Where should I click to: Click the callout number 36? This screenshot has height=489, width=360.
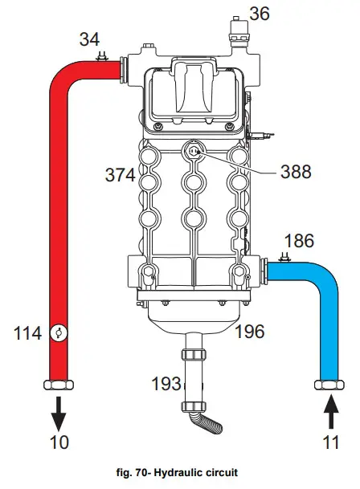pos(260,13)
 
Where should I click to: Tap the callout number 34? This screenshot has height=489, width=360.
pos(89,39)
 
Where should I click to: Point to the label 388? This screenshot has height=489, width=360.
pos(296,170)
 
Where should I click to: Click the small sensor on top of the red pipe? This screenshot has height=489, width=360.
pos(102,56)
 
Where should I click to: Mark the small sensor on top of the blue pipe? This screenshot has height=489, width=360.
pos(284,258)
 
